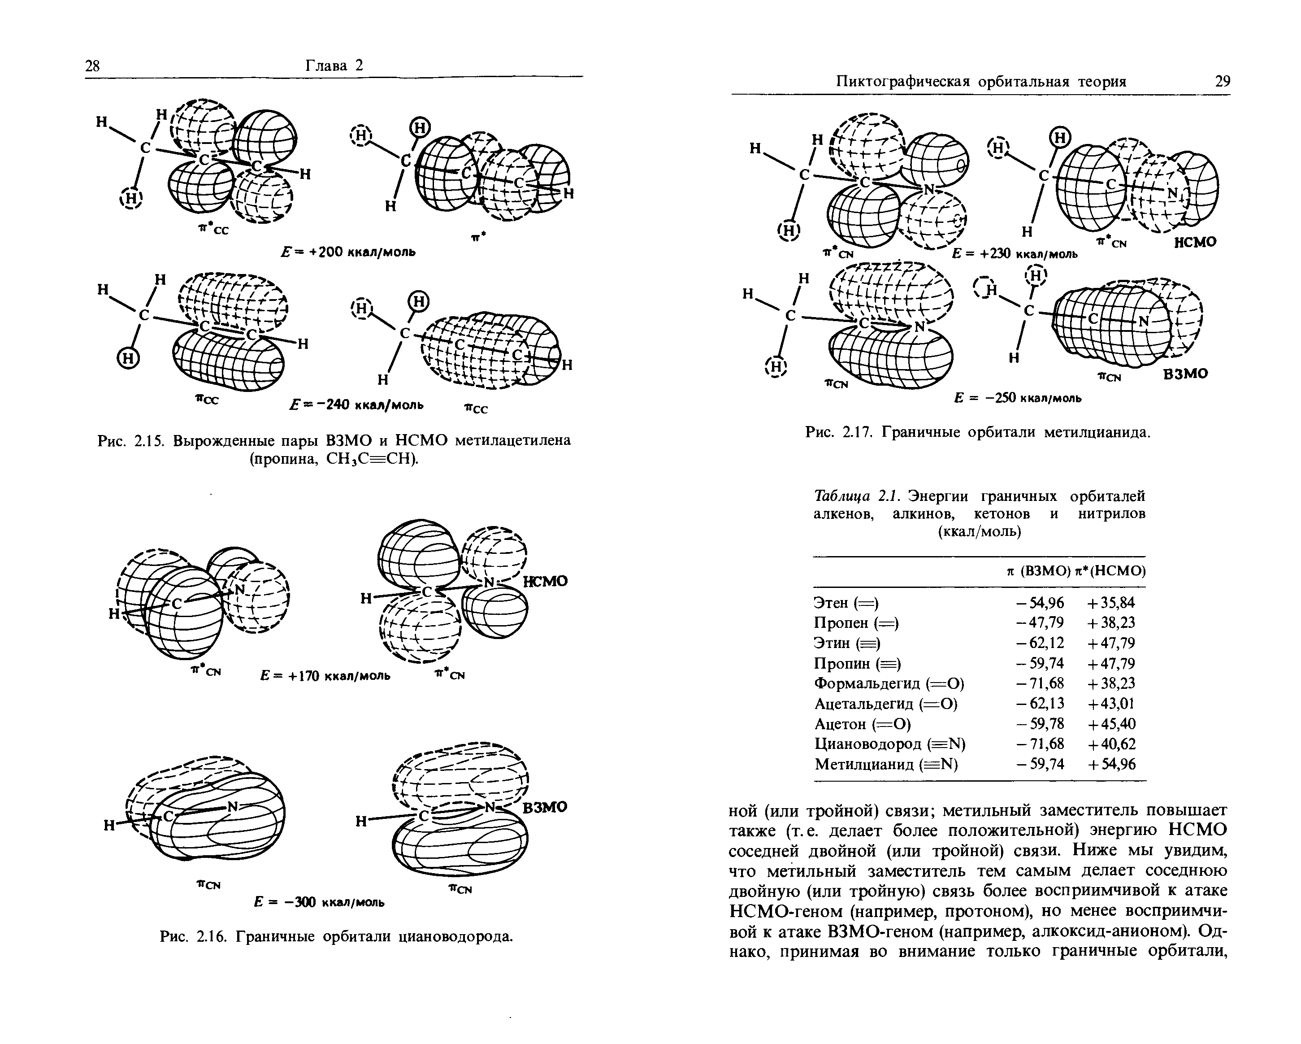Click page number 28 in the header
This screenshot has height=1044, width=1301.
tap(92, 66)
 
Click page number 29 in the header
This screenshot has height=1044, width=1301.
tap(1223, 82)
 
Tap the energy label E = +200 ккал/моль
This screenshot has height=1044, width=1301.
tap(348, 252)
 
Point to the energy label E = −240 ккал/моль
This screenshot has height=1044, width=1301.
tap(356, 405)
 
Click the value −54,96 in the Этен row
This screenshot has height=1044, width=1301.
tap(1040, 602)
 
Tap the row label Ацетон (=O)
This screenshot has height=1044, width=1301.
tap(862, 723)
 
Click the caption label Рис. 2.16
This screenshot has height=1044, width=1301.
tap(193, 937)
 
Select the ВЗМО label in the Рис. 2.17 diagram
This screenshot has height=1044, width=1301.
tap(1185, 374)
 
